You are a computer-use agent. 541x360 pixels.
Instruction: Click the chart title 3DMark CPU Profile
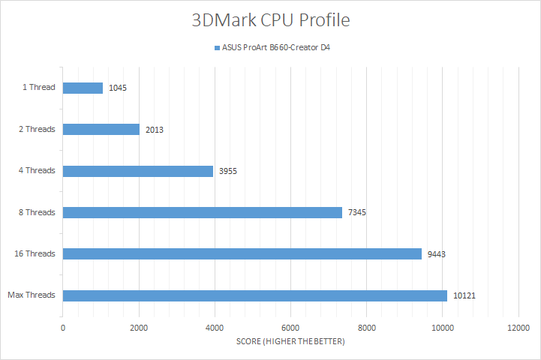click(x=270, y=20)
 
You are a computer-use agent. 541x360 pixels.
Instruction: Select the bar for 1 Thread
click(x=83, y=88)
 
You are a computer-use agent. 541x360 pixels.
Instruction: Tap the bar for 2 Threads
click(x=101, y=129)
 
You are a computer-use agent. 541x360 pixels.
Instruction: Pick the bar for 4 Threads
click(x=138, y=171)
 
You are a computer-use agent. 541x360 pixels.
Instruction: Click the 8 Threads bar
click(x=203, y=212)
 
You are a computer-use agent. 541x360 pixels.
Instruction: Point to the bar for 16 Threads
click(x=242, y=253)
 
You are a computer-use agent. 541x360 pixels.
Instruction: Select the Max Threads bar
click(x=255, y=295)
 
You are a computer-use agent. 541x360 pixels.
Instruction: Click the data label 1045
click(x=118, y=88)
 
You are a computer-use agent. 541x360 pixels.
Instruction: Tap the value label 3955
click(x=228, y=171)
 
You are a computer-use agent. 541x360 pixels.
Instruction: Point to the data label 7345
click(x=357, y=212)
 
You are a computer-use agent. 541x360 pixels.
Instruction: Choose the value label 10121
click(x=464, y=295)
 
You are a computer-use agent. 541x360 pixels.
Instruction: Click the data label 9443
click(x=437, y=253)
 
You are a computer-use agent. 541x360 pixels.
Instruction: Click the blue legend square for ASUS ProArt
click(x=217, y=47)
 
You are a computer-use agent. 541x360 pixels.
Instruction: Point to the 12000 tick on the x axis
click(x=518, y=328)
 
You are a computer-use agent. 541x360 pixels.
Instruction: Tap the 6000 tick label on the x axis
click(x=290, y=328)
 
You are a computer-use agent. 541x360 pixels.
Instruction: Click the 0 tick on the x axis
click(x=63, y=328)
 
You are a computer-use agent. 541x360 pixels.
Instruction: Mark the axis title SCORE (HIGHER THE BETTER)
click(x=290, y=343)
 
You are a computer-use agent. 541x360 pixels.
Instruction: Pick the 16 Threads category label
click(x=35, y=253)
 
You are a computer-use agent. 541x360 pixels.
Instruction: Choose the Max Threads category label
click(x=32, y=295)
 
